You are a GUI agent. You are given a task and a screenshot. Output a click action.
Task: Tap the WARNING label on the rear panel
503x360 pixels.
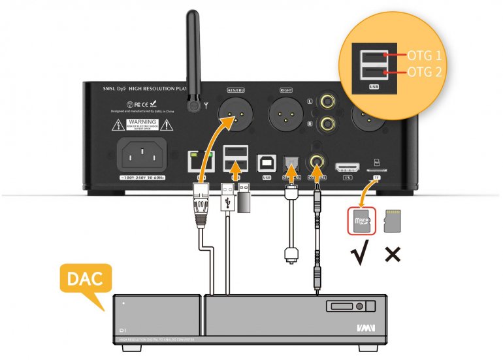[x=142, y=124]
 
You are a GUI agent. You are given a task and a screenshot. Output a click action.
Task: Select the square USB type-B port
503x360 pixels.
[x=266, y=160]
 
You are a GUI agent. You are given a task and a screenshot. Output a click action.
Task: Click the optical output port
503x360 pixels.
[x=290, y=161]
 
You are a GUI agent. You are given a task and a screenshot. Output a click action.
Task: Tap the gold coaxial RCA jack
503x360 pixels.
[x=318, y=159]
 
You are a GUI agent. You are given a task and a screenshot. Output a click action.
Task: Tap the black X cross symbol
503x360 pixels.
[x=393, y=254]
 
